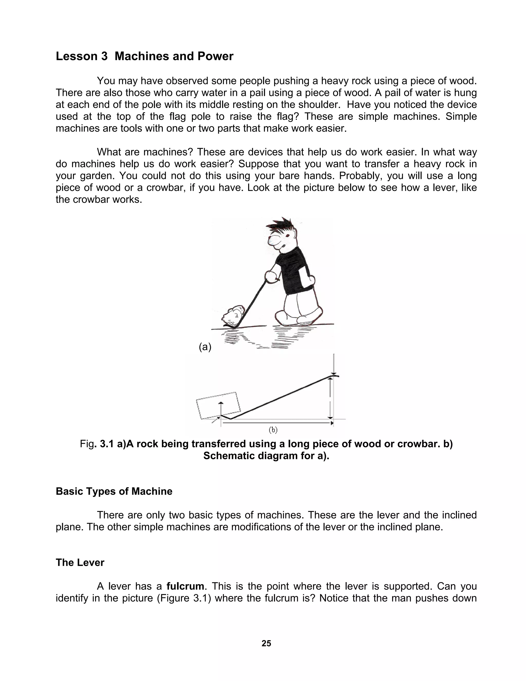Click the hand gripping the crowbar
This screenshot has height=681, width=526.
pos(270,276)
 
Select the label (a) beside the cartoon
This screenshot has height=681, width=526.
pos(205,347)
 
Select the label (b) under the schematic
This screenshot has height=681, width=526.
pos(273,430)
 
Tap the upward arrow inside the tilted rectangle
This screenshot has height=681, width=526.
pos(221,409)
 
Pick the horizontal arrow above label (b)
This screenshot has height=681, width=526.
pos(277,423)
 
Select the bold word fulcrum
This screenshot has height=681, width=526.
pos(185,586)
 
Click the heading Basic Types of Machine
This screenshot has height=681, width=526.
pos(114,491)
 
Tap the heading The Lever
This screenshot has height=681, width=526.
pos(80,562)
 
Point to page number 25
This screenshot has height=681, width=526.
pos(266,643)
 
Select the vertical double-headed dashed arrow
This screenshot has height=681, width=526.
pos(331,398)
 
